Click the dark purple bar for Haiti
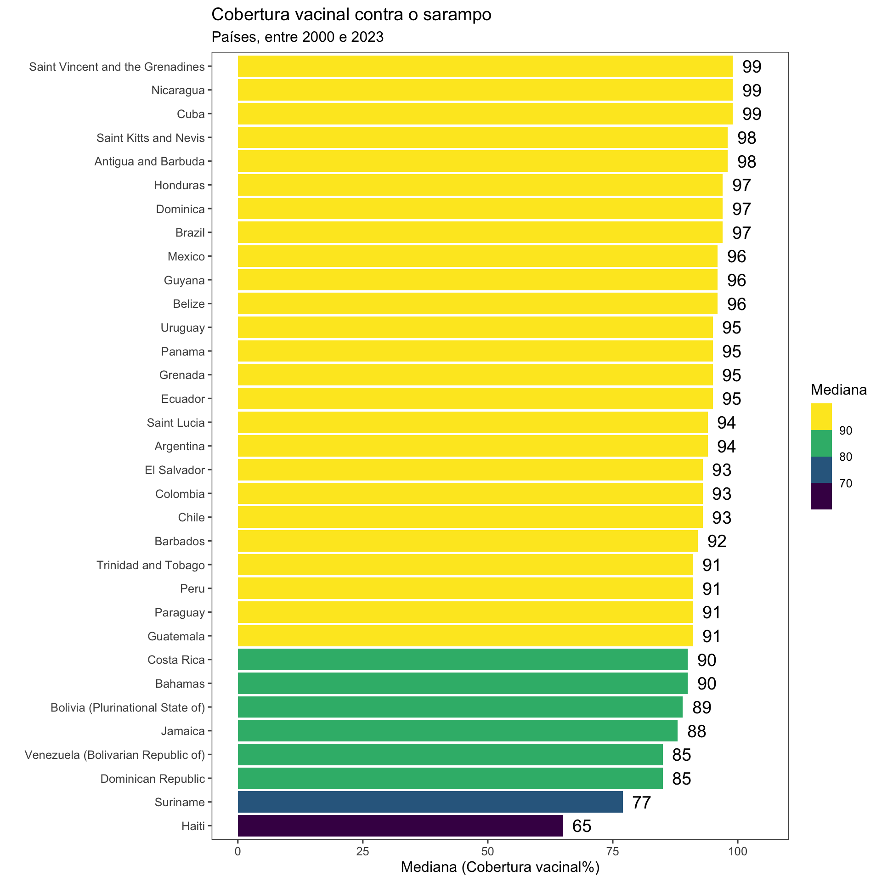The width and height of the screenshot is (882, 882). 400,825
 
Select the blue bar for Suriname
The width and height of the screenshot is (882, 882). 430,802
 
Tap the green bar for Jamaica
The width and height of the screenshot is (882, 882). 457,730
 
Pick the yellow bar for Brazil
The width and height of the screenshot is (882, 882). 480,232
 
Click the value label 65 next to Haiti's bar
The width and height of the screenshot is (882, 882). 582,826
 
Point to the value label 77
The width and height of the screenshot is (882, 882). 641,802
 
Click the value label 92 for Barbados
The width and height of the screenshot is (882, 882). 717,541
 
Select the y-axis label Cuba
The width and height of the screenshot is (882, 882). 191,114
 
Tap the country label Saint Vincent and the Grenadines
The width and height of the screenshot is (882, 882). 117,67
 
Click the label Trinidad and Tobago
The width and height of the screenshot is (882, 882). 150,565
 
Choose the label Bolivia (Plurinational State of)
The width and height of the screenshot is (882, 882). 127,707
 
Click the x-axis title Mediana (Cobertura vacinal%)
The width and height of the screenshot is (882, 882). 500,867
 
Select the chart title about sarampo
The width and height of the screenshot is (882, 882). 351,15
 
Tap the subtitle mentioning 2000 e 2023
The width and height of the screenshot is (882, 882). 297,37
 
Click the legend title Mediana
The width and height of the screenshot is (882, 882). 838,390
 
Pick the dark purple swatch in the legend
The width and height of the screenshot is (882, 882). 821,496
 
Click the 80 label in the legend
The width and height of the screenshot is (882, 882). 845,457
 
